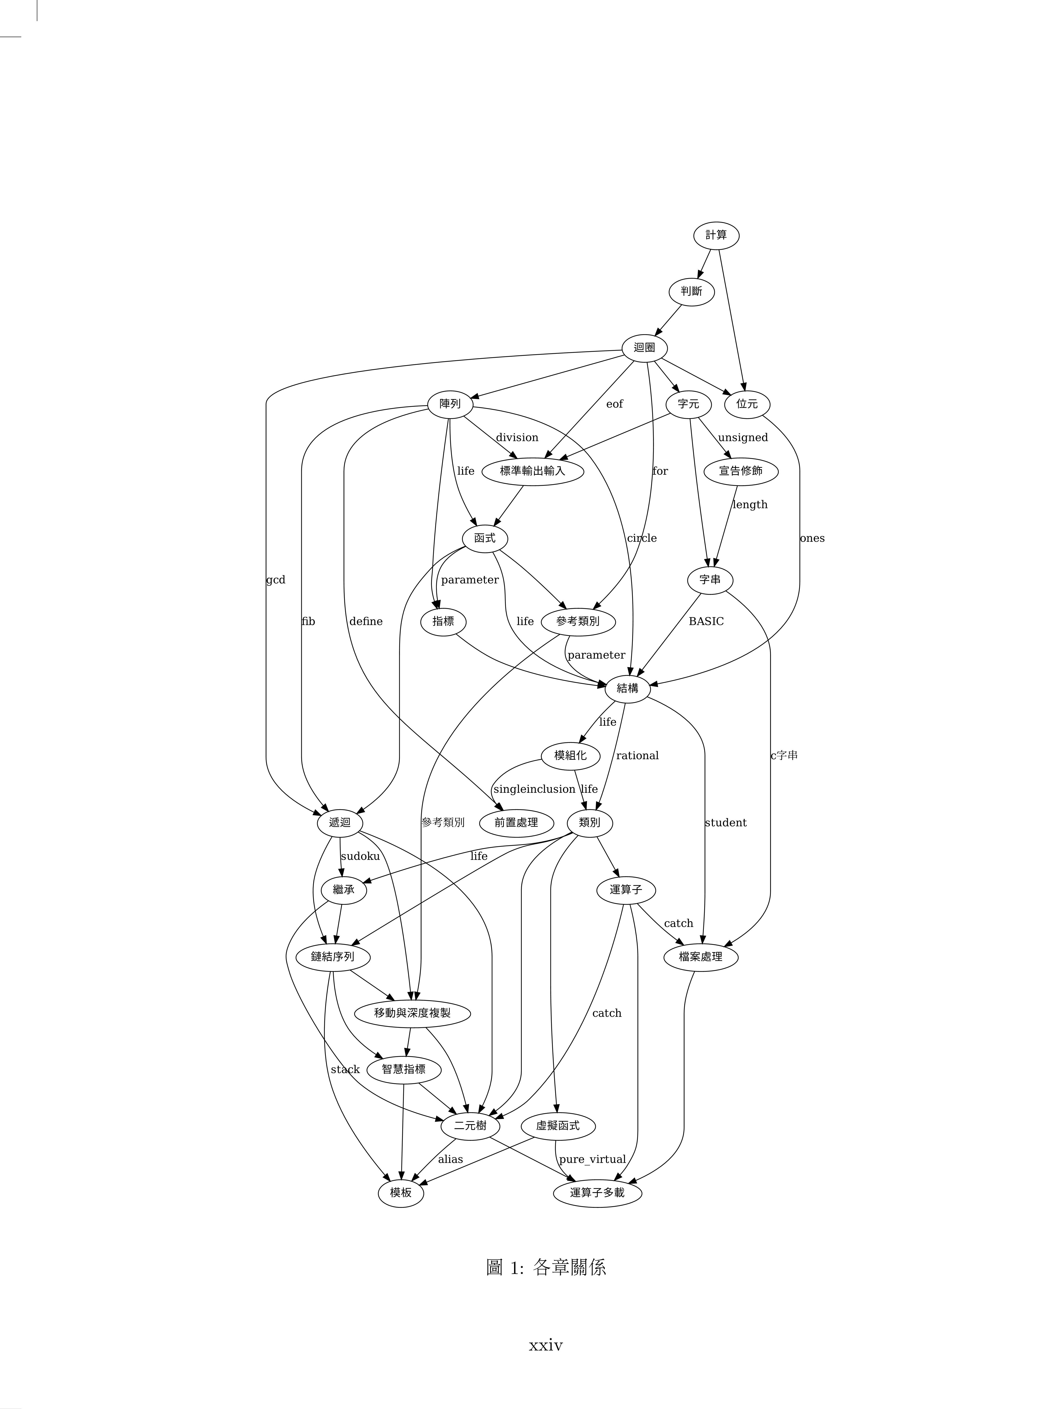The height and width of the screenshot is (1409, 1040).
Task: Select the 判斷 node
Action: click(691, 291)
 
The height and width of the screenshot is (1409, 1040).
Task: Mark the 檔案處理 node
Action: click(700, 957)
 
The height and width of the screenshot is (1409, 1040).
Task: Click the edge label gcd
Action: click(276, 580)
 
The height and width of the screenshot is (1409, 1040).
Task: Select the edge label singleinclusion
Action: click(534, 789)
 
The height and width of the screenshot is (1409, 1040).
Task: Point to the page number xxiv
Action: click(546, 1345)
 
